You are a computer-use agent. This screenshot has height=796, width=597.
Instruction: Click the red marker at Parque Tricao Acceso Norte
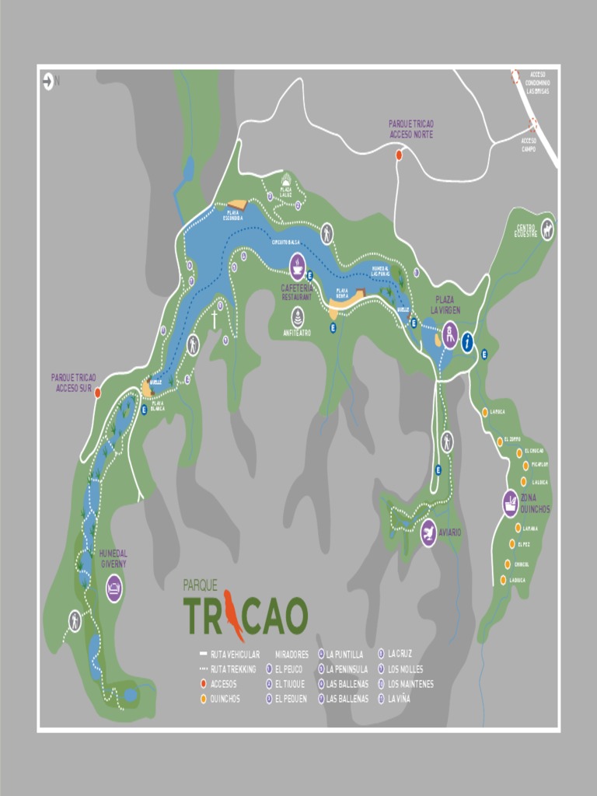tap(399, 155)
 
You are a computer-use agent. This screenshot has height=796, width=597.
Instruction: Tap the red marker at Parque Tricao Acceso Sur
tap(98, 393)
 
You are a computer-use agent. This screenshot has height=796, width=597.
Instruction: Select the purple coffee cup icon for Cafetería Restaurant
tap(298, 267)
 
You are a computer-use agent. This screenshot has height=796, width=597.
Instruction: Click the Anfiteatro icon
tap(298, 317)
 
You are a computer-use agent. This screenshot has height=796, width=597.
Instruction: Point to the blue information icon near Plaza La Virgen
tap(467, 342)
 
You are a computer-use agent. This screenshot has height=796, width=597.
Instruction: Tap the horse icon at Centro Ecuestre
tap(547, 229)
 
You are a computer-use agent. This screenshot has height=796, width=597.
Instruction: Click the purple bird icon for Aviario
tap(428, 534)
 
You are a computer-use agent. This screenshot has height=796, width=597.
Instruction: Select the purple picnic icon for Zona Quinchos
tap(510, 503)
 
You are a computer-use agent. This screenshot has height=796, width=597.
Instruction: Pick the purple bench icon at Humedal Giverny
tap(114, 587)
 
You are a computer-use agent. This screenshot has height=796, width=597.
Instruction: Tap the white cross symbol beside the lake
tap(215, 319)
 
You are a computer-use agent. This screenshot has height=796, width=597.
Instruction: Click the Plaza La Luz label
tap(286, 191)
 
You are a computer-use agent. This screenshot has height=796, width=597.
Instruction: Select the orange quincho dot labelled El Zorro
tap(501, 442)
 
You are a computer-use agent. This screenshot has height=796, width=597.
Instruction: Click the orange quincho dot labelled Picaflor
tap(522, 466)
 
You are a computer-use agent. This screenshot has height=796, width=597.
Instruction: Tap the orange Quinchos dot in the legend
tap(203, 699)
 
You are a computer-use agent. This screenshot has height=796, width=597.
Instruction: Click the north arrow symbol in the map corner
tap(48, 79)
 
